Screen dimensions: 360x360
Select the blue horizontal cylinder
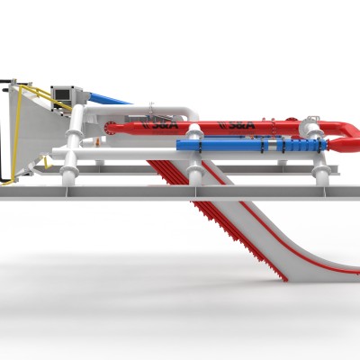[220, 144]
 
